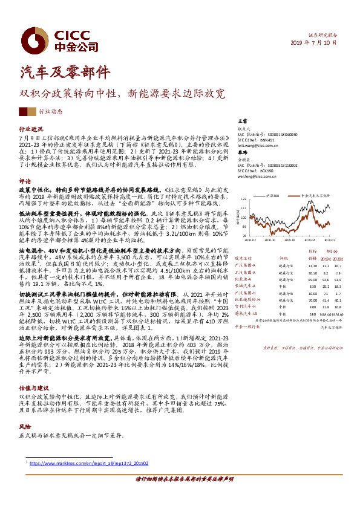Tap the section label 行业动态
50,111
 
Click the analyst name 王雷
243,123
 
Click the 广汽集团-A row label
246,265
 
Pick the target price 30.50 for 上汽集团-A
313,273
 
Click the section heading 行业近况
31,129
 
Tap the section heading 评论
24,181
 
